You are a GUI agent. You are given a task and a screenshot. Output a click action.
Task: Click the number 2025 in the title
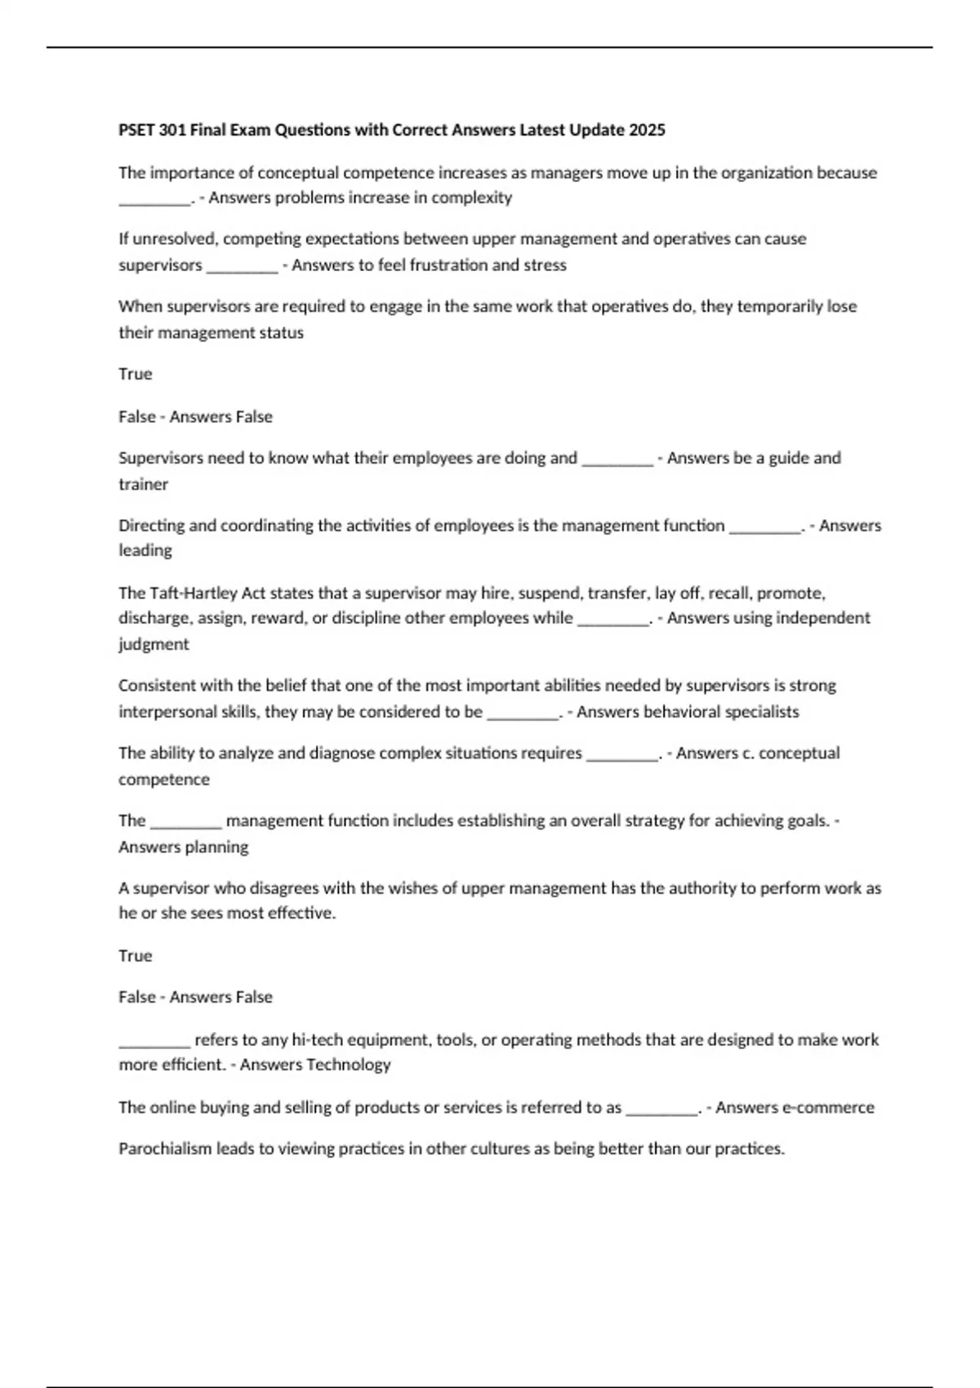coord(647,130)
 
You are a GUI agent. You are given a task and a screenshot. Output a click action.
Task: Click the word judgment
coord(154,644)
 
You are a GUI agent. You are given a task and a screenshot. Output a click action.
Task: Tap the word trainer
coord(143,484)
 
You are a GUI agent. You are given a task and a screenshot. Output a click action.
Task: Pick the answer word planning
coord(216,847)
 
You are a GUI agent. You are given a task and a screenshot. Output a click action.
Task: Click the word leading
coord(145,550)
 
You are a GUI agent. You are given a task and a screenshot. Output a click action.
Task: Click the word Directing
coord(150,526)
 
